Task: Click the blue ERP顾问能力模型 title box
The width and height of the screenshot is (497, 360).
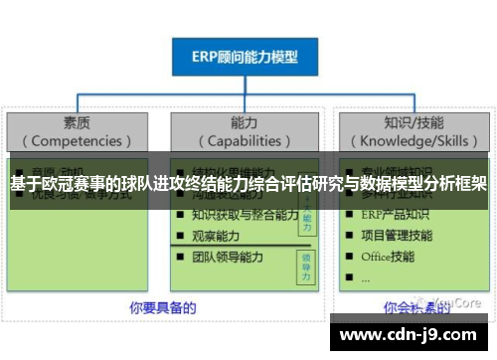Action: [245, 57]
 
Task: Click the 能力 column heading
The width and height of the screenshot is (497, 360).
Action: [244, 122]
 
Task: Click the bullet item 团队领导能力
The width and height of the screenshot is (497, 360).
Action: [228, 257]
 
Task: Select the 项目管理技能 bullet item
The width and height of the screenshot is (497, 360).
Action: [397, 236]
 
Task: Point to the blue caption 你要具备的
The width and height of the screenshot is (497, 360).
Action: [148, 306]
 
